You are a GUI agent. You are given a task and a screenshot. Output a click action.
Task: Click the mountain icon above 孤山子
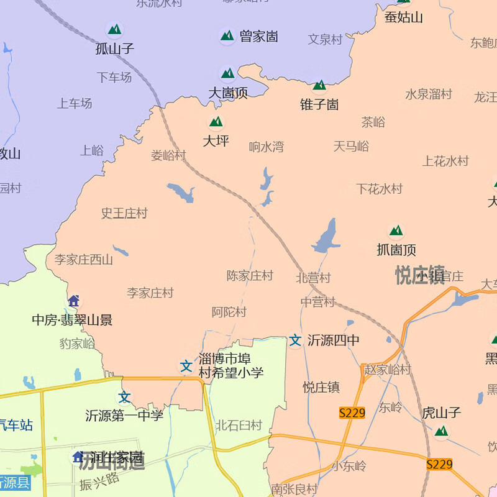tap(114, 29)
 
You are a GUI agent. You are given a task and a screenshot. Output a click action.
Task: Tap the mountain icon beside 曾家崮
tap(227, 35)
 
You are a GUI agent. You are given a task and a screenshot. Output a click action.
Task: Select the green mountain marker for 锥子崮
tap(320, 85)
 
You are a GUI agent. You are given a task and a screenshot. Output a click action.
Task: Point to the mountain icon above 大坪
tap(216, 122)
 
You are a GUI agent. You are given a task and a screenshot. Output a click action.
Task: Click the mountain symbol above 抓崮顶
tap(396, 232)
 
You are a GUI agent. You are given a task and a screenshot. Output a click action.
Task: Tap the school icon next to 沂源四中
tap(295, 340)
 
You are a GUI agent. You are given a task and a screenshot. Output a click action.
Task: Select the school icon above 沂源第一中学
tap(125, 396)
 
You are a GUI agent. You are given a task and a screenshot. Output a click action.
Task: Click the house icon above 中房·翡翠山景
tap(74, 301)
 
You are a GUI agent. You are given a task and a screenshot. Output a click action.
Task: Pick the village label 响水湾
tap(267, 147)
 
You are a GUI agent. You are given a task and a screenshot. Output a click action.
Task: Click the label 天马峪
tap(351, 146)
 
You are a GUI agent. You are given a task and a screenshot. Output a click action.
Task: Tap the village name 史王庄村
tap(124, 213)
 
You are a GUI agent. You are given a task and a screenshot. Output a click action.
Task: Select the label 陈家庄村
tap(250, 275)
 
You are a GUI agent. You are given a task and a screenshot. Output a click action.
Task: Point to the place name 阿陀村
tap(229, 312)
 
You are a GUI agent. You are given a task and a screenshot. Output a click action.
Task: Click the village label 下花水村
tap(379, 188)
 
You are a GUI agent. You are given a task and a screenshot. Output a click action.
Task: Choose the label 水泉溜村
tap(429, 94)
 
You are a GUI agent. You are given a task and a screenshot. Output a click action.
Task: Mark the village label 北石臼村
tap(239, 426)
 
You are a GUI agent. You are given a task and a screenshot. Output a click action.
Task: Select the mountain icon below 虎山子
tap(441, 431)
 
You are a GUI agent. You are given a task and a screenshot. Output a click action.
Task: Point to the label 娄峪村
tap(168, 155)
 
